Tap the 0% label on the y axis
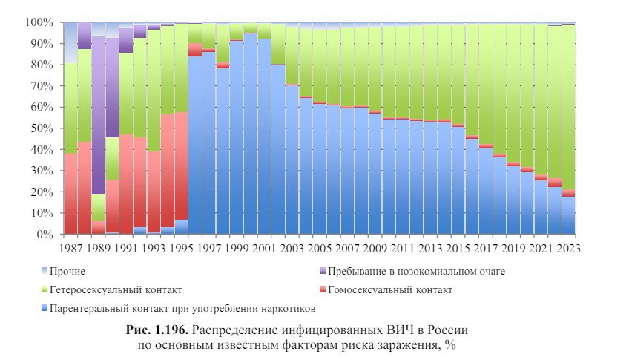(47, 235)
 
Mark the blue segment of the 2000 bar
(251, 134)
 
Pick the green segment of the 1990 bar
(112, 159)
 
